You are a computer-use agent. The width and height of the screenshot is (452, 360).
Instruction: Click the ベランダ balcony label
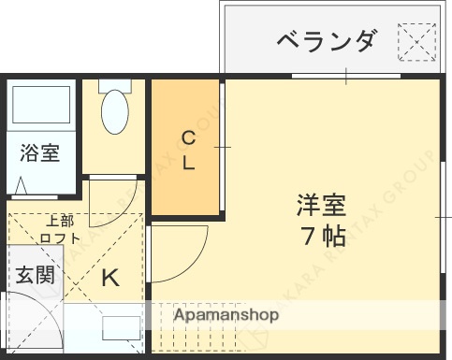(327, 41)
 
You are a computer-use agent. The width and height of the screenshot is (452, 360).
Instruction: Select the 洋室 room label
(322, 203)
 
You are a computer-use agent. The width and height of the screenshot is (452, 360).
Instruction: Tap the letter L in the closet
(188, 163)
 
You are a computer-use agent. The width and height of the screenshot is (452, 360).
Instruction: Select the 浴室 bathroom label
(39, 152)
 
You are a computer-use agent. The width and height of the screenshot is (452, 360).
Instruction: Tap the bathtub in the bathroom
(42, 109)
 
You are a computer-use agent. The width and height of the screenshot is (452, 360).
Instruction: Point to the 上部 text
(60, 221)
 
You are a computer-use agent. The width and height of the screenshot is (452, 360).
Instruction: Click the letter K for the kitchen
(110, 277)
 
